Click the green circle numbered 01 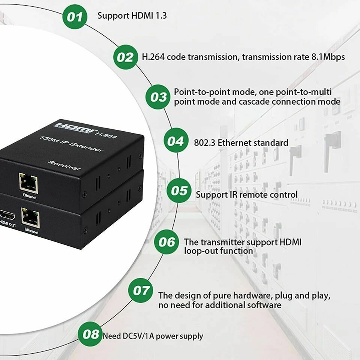click(75, 16)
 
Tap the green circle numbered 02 click(125, 57)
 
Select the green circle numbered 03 click(157, 97)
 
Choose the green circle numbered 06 click(166, 241)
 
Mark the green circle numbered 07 click(141, 290)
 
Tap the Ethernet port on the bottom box click(30, 218)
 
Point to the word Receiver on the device click(64, 165)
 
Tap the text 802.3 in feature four click(204, 143)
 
